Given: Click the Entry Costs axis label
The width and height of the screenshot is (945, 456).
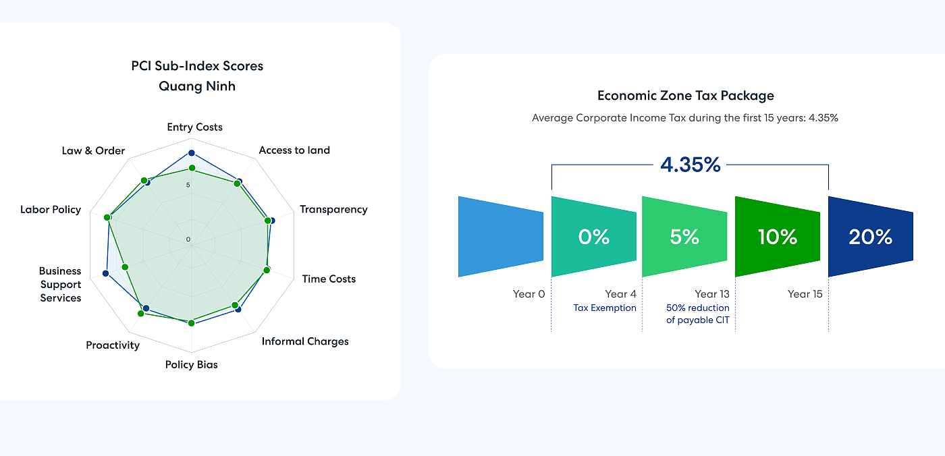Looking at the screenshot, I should [x=194, y=127].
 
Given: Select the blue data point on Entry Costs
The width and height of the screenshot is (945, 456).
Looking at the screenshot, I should [x=191, y=153].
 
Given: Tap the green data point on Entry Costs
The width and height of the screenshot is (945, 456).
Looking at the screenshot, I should [x=191, y=168].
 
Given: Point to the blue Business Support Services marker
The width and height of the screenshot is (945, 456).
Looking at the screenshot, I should [x=105, y=273].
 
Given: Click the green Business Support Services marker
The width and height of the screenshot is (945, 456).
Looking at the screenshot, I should [x=125, y=267].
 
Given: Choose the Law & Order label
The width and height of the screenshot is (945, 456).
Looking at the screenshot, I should [x=93, y=150].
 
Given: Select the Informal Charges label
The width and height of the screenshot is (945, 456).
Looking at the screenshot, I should [x=305, y=341].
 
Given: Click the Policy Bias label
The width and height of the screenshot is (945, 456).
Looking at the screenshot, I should [x=192, y=365].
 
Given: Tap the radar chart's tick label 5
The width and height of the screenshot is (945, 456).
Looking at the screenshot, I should [x=188, y=186].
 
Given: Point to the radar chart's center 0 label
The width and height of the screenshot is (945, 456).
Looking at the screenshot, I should [x=188, y=239].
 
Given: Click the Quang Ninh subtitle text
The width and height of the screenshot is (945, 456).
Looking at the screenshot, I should [x=197, y=86].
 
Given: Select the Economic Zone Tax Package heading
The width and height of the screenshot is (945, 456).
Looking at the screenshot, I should [x=686, y=96].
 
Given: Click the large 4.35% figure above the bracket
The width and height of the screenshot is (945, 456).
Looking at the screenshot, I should [x=691, y=165].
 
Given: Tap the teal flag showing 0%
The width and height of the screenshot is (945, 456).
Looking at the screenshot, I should [x=593, y=237].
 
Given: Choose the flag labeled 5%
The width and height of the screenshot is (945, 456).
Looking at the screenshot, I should [x=684, y=237].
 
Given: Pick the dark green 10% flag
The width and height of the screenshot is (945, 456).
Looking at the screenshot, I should [x=777, y=237].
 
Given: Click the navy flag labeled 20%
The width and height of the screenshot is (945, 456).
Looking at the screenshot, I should [x=870, y=237].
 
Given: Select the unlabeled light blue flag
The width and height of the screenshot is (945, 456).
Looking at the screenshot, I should [x=500, y=237].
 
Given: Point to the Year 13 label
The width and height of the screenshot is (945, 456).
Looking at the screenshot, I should [x=712, y=294].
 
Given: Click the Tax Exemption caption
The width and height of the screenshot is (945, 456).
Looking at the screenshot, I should [x=605, y=308].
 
